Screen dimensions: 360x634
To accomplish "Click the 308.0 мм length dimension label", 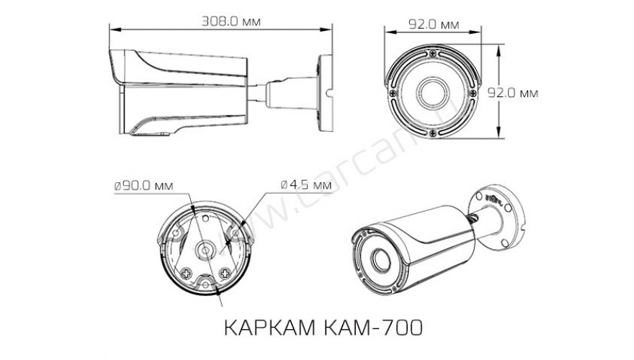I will click(221, 21).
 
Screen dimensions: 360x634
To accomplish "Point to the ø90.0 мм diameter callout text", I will click(143, 185).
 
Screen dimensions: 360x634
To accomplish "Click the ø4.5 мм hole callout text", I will click(305, 185).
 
